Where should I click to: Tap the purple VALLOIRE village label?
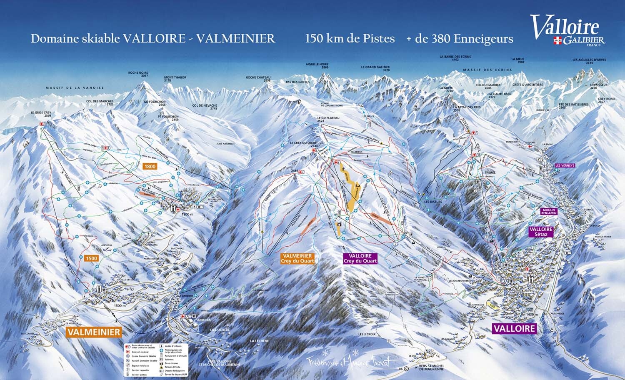click(514, 328)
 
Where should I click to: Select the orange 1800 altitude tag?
click(149, 166)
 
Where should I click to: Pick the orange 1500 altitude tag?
click(91, 258)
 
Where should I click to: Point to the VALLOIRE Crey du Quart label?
click(360, 258)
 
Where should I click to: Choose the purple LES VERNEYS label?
click(565, 165)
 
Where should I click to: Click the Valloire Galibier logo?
click(567, 30)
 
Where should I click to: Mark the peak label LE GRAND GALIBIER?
click(375, 69)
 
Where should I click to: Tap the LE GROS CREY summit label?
click(40, 114)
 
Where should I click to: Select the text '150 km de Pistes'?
click(350, 39)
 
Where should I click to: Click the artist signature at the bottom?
click(352, 362)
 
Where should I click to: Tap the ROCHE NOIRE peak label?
click(138, 74)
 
